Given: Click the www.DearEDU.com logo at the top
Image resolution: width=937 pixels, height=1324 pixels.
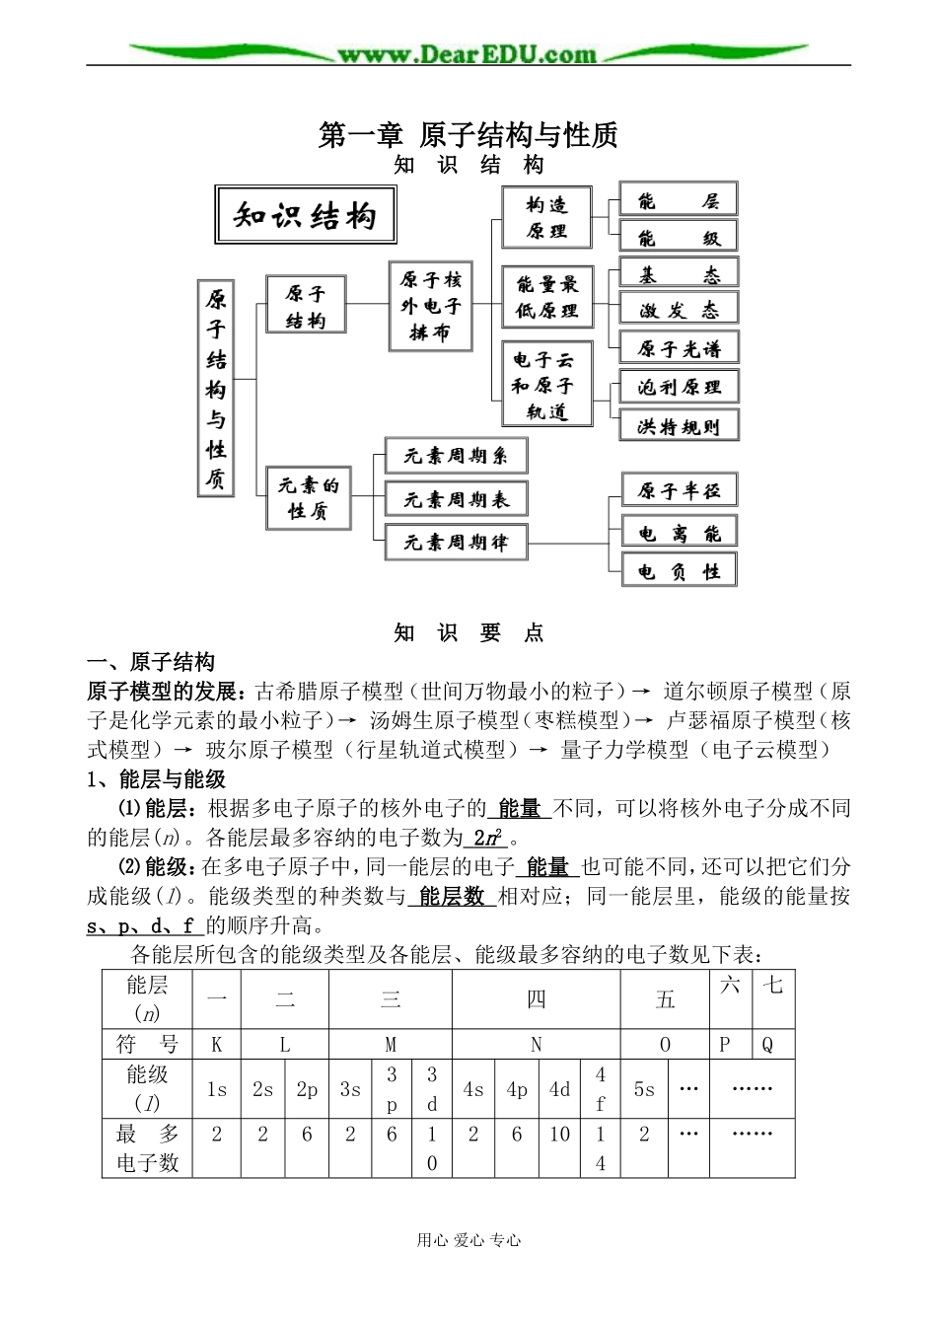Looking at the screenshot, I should click(x=468, y=54).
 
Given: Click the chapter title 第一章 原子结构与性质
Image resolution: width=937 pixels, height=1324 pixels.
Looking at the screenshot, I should click(x=468, y=135).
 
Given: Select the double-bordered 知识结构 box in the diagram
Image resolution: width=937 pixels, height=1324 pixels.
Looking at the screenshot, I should click(x=305, y=216).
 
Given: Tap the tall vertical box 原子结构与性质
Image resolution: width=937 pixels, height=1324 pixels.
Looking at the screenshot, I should click(x=217, y=386).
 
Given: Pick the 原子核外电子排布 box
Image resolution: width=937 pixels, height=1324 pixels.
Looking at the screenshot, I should click(x=430, y=306).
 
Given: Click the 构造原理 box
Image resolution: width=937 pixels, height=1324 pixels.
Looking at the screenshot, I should click(x=546, y=218).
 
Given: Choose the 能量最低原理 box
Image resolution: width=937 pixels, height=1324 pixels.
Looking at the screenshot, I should click(x=547, y=297).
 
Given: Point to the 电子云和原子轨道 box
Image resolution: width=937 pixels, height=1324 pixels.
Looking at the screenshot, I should click(x=547, y=384).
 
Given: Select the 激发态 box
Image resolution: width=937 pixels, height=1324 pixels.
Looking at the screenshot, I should click(x=679, y=311).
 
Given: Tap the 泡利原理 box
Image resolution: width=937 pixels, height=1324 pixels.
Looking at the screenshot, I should click(x=679, y=387).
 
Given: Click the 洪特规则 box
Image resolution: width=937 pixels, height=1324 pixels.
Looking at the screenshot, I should click(x=679, y=426).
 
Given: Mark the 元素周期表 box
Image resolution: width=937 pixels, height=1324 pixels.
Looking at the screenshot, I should click(x=456, y=499).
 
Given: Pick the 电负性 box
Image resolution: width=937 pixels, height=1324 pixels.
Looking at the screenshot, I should click(x=679, y=571).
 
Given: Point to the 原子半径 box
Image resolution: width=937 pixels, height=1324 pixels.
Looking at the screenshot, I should click(x=679, y=490).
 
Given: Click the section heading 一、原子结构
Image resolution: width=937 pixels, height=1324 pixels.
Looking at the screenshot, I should click(x=151, y=661).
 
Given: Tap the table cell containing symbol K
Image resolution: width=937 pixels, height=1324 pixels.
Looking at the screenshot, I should click(x=217, y=1045).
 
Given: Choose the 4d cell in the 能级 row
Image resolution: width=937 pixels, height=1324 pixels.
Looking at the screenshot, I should click(x=559, y=1089).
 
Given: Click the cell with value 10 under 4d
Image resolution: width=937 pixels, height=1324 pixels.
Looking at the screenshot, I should click(x=559, y=1135).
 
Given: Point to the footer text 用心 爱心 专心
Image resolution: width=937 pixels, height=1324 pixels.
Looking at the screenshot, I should click(x=468, y=1240).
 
